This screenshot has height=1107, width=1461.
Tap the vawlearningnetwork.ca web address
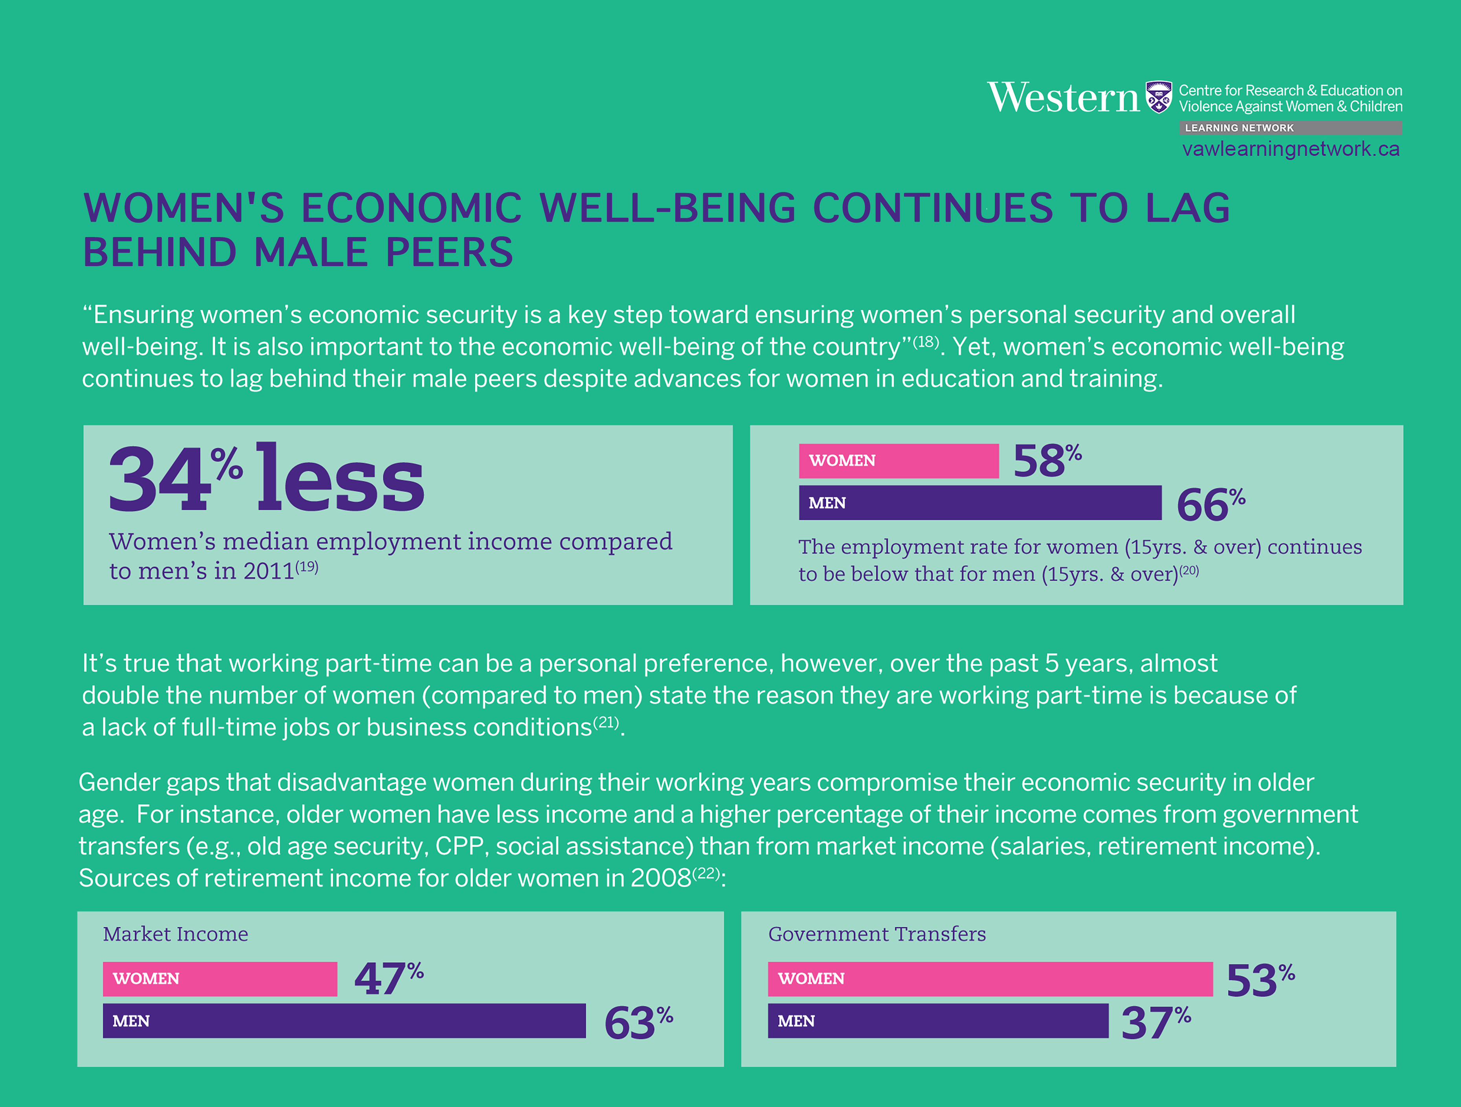point(1290,149)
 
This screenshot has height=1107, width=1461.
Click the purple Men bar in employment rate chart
point(980,503)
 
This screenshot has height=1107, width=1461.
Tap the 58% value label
point(1047,460)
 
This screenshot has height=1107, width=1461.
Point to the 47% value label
point(388,978)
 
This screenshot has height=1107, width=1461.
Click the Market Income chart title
point(176,934)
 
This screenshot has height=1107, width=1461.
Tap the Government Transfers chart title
point(877,934)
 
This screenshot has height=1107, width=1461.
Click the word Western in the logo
point(1063,98)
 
